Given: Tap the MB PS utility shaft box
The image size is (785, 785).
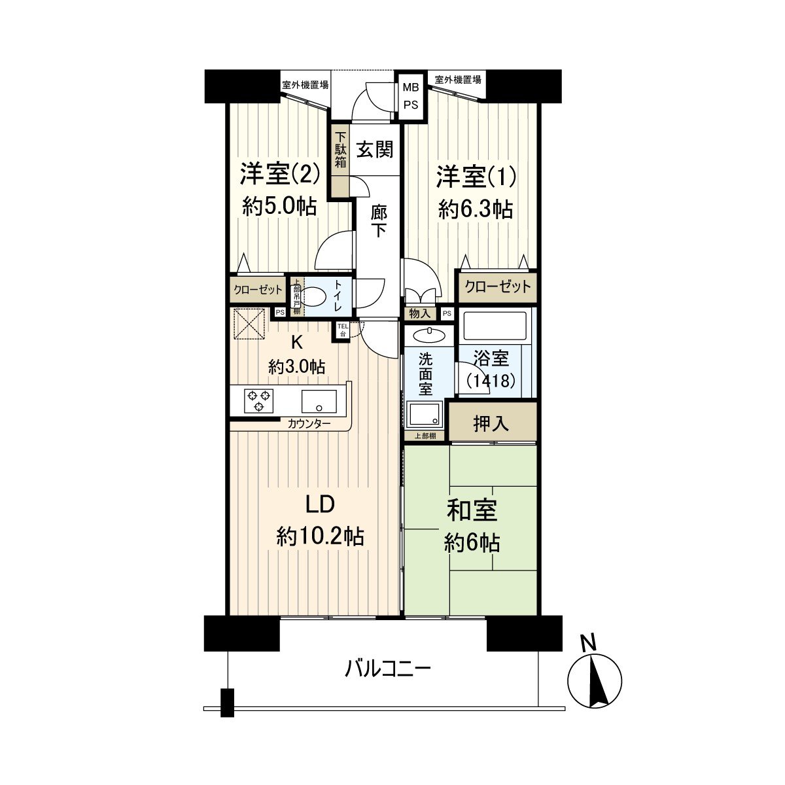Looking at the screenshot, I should [411, 96].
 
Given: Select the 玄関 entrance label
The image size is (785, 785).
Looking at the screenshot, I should [375, 150].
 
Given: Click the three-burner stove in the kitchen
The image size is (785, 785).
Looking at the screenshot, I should [258, 400].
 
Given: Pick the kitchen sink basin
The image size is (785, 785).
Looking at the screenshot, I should [319, 400].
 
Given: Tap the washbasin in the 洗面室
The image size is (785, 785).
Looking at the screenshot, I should [428, 335].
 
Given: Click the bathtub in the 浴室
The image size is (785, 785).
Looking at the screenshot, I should [494, 325].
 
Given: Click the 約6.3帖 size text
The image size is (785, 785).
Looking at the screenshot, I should [476, 209].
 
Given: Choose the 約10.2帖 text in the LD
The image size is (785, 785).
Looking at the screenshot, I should [320, 537].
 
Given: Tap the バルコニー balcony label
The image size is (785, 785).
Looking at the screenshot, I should [387, 669].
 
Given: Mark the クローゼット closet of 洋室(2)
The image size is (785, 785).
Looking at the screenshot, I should [258, 289].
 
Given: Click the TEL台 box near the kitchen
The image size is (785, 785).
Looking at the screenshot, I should [342, 329].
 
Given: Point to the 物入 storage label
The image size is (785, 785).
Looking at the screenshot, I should [419, 314].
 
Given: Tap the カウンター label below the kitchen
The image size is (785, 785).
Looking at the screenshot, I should [309, 424].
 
